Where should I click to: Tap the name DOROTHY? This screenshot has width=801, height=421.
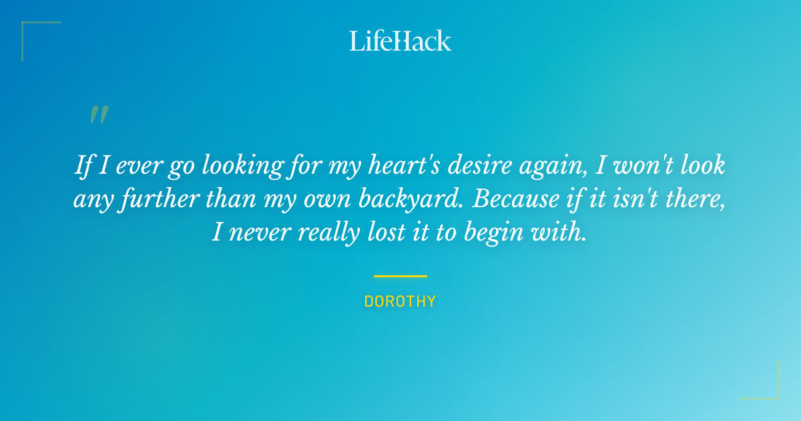coord(400,301)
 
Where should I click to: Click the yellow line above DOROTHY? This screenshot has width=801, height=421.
coord(400,276)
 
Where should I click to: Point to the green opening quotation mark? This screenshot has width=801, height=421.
coord(98,115)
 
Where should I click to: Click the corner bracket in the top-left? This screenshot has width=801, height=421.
coord(27,27)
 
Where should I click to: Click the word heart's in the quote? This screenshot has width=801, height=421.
coord(403,165)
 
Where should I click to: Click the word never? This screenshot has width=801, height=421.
coord(258,232)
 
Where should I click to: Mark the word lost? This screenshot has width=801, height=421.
coord(382,232)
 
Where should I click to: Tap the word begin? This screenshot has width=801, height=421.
coord(503,233)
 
